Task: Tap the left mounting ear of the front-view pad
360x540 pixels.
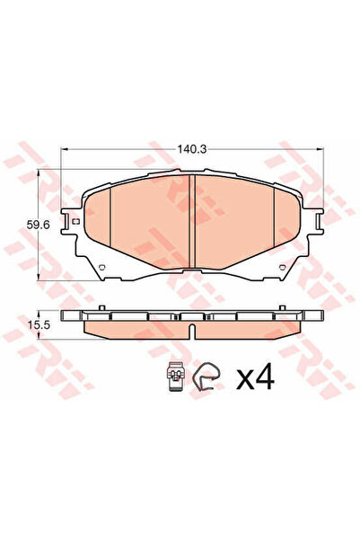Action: pyautogui.click(x=71, y=223)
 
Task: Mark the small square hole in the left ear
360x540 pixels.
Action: pyautogui.click(x=76, y=222)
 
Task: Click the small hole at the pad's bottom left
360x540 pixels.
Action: pyautogui.click(x=102, y=267)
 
